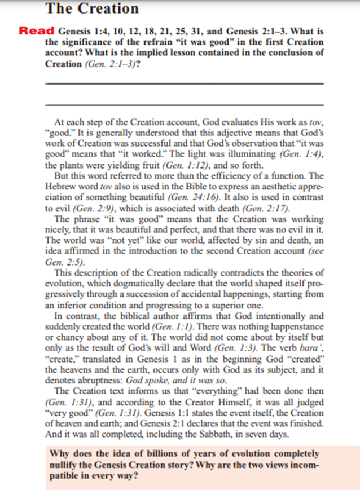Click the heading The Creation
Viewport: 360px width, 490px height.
point(91,8)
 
